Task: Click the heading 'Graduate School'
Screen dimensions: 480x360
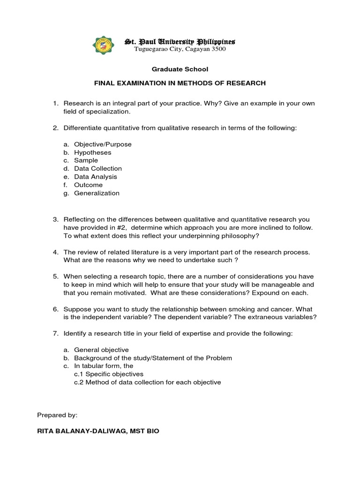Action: click(180, 69)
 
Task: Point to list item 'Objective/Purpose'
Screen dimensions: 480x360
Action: click(103, 144)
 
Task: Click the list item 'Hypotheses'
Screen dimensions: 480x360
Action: click(92, 152)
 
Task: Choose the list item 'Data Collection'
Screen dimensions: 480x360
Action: click(97, 169)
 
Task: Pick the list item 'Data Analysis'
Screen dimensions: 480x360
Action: click(96, 177)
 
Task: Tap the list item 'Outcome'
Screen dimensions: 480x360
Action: click(88, 185)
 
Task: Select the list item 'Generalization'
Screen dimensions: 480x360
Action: click(97, 193)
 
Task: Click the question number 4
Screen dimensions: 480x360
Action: click(55, 252)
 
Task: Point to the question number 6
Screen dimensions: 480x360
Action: click(55, 309)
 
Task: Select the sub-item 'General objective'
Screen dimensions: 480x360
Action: click(101, 350)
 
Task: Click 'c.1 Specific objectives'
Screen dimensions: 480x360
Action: click(108, 374)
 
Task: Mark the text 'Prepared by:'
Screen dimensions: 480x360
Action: click(57, 415)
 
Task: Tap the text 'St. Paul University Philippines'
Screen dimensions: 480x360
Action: click(180, 42)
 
